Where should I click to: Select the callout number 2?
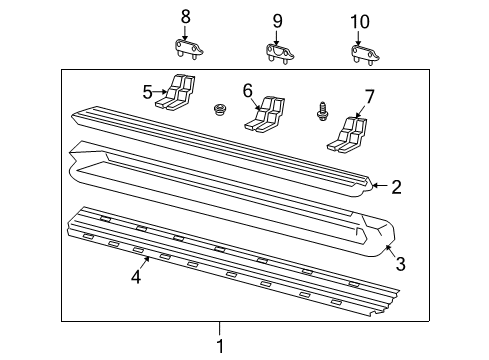(397, 186)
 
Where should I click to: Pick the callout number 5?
(147, 93)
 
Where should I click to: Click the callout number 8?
(184, 17)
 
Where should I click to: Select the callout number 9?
(278, 19)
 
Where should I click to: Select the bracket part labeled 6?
(264, 112)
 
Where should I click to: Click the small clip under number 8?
(182, 49)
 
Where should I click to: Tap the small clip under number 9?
(277, 50)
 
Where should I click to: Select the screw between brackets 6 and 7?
(322, 109)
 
